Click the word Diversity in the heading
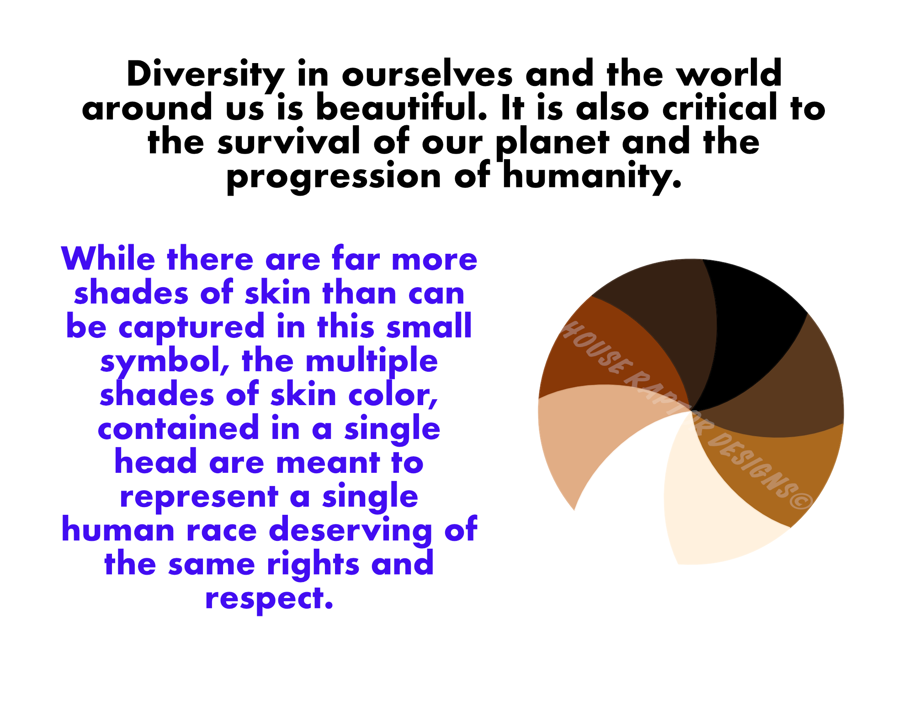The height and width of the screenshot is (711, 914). click(205, 75)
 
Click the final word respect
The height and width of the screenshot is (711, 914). click(269, 599)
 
